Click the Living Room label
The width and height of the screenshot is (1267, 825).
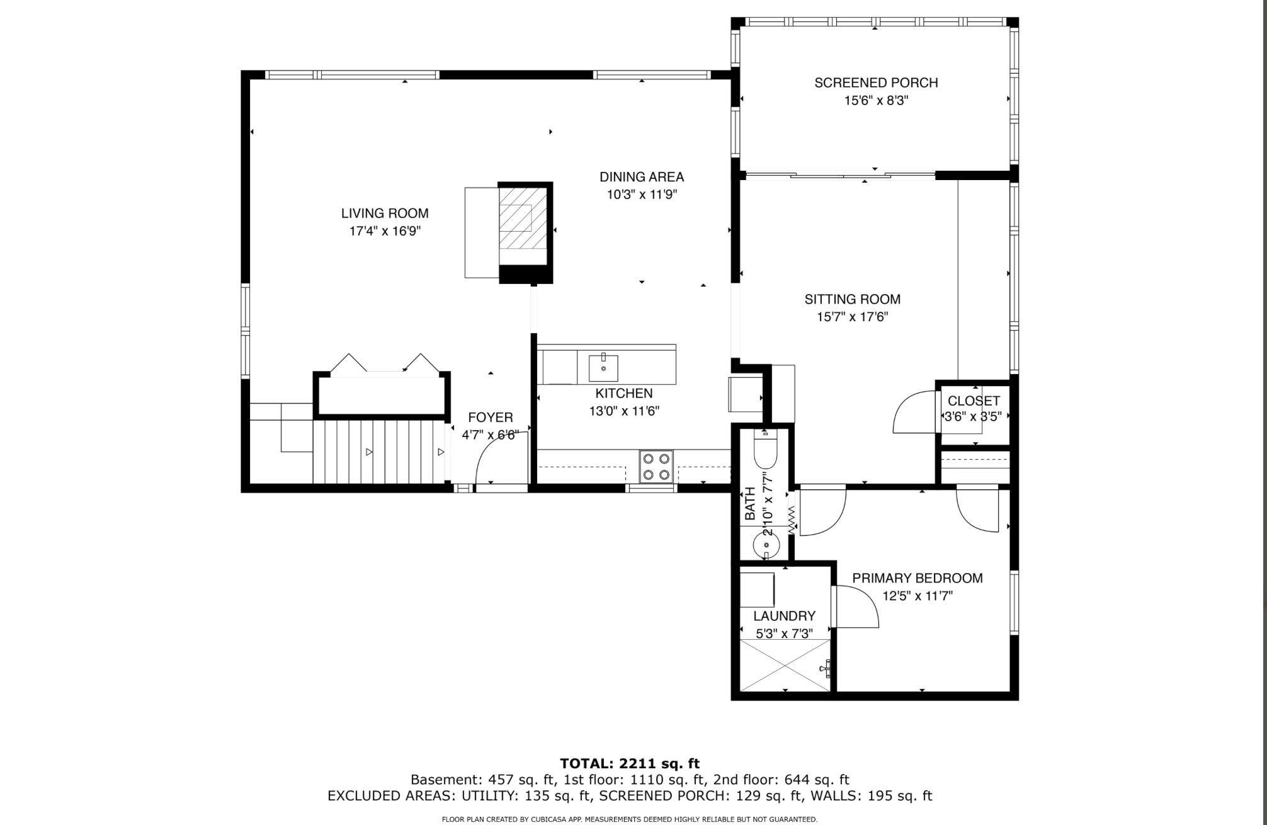coord(385,213)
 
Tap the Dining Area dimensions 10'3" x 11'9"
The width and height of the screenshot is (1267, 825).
coord(641,195)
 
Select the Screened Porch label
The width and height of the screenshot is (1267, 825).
coord(876,82)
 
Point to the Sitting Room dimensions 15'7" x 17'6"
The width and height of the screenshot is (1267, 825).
coord(852,317)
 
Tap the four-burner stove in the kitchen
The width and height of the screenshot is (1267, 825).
coord(656,467)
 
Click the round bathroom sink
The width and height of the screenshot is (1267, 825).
coord(766,543)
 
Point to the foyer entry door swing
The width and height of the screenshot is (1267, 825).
coord(497,457)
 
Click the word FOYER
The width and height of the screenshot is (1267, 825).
coord(490,417)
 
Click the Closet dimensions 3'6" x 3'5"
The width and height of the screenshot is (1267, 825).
coord(973,416)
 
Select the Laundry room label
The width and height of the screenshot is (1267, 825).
coord(784,616)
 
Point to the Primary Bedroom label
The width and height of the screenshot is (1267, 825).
coord(917,578)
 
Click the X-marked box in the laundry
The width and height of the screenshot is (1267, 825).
coord(785,665)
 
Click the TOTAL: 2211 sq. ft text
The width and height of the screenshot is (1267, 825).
coord(630,764)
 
